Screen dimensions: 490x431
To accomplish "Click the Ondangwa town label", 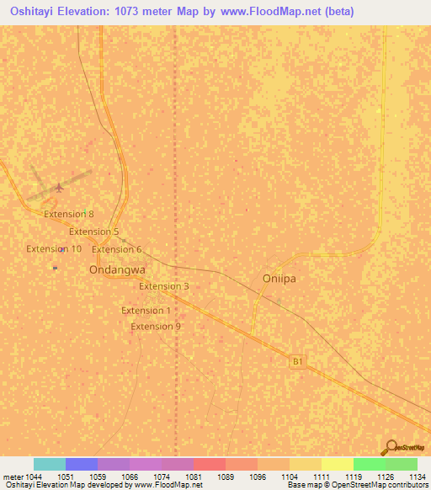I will coord(117,270).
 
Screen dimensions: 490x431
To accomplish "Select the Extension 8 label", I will coord(69,214).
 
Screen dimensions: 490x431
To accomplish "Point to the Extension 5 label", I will coord(93,232).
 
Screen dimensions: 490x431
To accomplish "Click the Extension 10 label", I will coord(54,248).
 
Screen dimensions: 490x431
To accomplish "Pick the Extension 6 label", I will coord(116,249).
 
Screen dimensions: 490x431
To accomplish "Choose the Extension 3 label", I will coord(163,286).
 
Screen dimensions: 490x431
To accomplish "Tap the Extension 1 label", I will coord(146,311).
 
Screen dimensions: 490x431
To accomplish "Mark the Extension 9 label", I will coord(156,327).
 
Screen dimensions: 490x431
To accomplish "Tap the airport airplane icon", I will coord(58,187).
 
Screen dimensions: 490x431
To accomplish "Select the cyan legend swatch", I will coord(50,464).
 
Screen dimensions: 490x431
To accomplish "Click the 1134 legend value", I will coord(418,477).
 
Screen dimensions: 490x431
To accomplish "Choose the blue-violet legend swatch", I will coord(82,464).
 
